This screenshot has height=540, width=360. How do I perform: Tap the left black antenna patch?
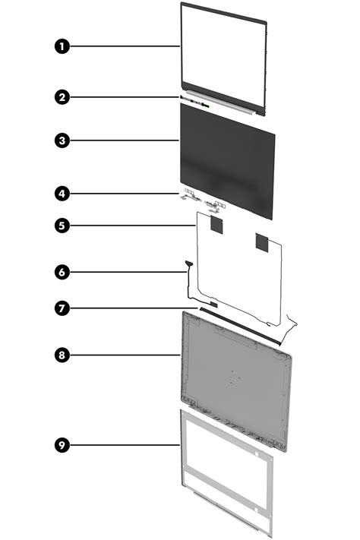216,224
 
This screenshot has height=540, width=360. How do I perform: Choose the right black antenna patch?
262,242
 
